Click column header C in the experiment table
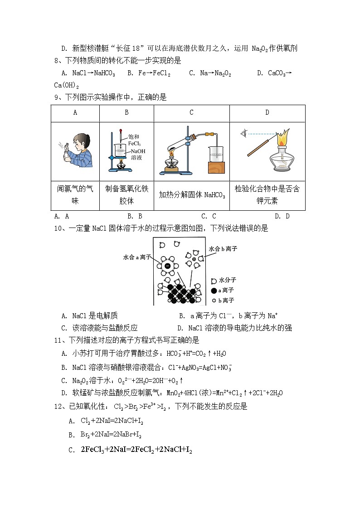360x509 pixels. point(191,113)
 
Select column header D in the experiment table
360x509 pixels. point(267,113)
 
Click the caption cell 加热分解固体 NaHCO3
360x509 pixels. point(191,195)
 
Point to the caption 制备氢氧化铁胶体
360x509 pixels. point(126,195)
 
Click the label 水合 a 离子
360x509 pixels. point(137,257)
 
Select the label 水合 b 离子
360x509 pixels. point(223,249)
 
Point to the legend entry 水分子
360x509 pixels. point(227,280)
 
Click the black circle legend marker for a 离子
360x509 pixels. point(214,291)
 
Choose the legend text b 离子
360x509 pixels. point(226,301)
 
